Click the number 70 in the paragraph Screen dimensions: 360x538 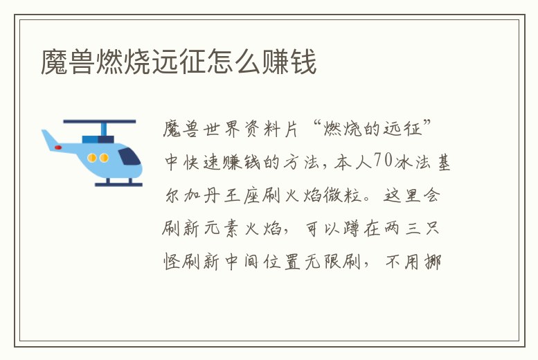[382, 161]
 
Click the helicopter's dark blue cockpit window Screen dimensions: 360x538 [129, 157]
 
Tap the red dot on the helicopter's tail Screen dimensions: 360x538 [58, 147]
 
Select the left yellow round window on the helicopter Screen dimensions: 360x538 [91, 158]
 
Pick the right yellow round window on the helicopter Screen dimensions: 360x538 [104, 158]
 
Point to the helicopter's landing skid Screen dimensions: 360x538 [118, 184]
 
